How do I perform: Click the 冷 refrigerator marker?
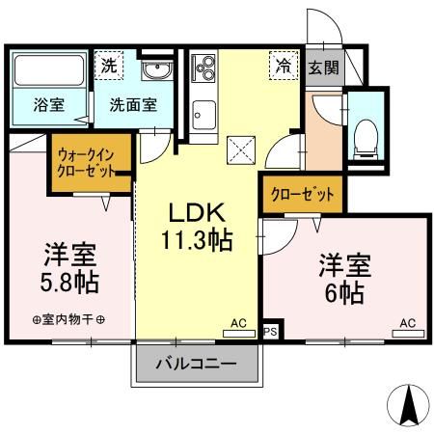point(284,67)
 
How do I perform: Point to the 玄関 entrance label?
point(323,68)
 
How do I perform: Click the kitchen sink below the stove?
point(203,119)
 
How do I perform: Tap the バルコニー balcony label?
point(197,365)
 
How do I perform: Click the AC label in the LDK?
point(237,325)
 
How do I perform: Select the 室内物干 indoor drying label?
point(68,321)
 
